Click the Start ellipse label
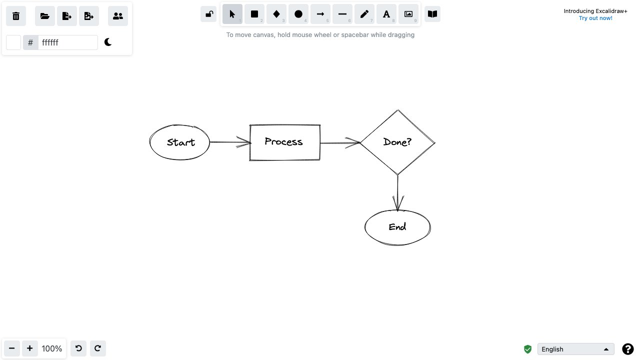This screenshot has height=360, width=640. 180,142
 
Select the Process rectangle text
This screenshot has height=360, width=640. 283,142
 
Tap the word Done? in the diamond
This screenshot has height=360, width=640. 397,142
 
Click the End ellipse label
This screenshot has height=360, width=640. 397,227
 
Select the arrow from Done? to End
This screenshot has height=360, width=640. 397,192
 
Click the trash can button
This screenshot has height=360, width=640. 16,16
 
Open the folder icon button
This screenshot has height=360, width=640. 45,16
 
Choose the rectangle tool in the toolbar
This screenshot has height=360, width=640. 254,14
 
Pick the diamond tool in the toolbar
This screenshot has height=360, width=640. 276,14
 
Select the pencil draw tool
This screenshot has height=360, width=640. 364,14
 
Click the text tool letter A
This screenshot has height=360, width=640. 386,14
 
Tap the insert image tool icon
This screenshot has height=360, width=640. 408,14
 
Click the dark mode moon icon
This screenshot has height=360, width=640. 108,42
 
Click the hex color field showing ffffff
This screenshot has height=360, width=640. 67,42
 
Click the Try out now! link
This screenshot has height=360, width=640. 595,18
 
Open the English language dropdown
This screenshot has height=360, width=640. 575,349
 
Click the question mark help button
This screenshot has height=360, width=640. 627,349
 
